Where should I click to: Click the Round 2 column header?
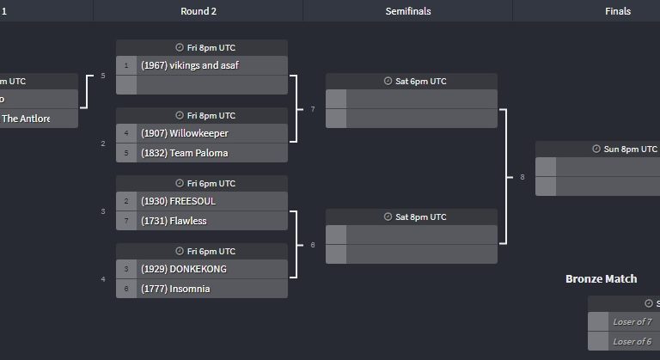point(199,11)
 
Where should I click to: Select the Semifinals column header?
point(408,11)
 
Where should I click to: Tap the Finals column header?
point(618,11)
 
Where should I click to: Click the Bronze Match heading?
point(601,278)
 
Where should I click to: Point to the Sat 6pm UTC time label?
point(420,82)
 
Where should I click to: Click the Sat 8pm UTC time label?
point(420,217)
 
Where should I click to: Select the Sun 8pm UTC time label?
point(630,149)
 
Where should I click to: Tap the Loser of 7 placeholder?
point(632,321)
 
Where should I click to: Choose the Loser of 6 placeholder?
point(632,341)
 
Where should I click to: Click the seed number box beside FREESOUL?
point(126,201)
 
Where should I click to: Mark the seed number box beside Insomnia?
point(126,289)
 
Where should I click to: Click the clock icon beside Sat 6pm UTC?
point(388,81)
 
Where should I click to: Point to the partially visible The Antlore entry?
point(26,119)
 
